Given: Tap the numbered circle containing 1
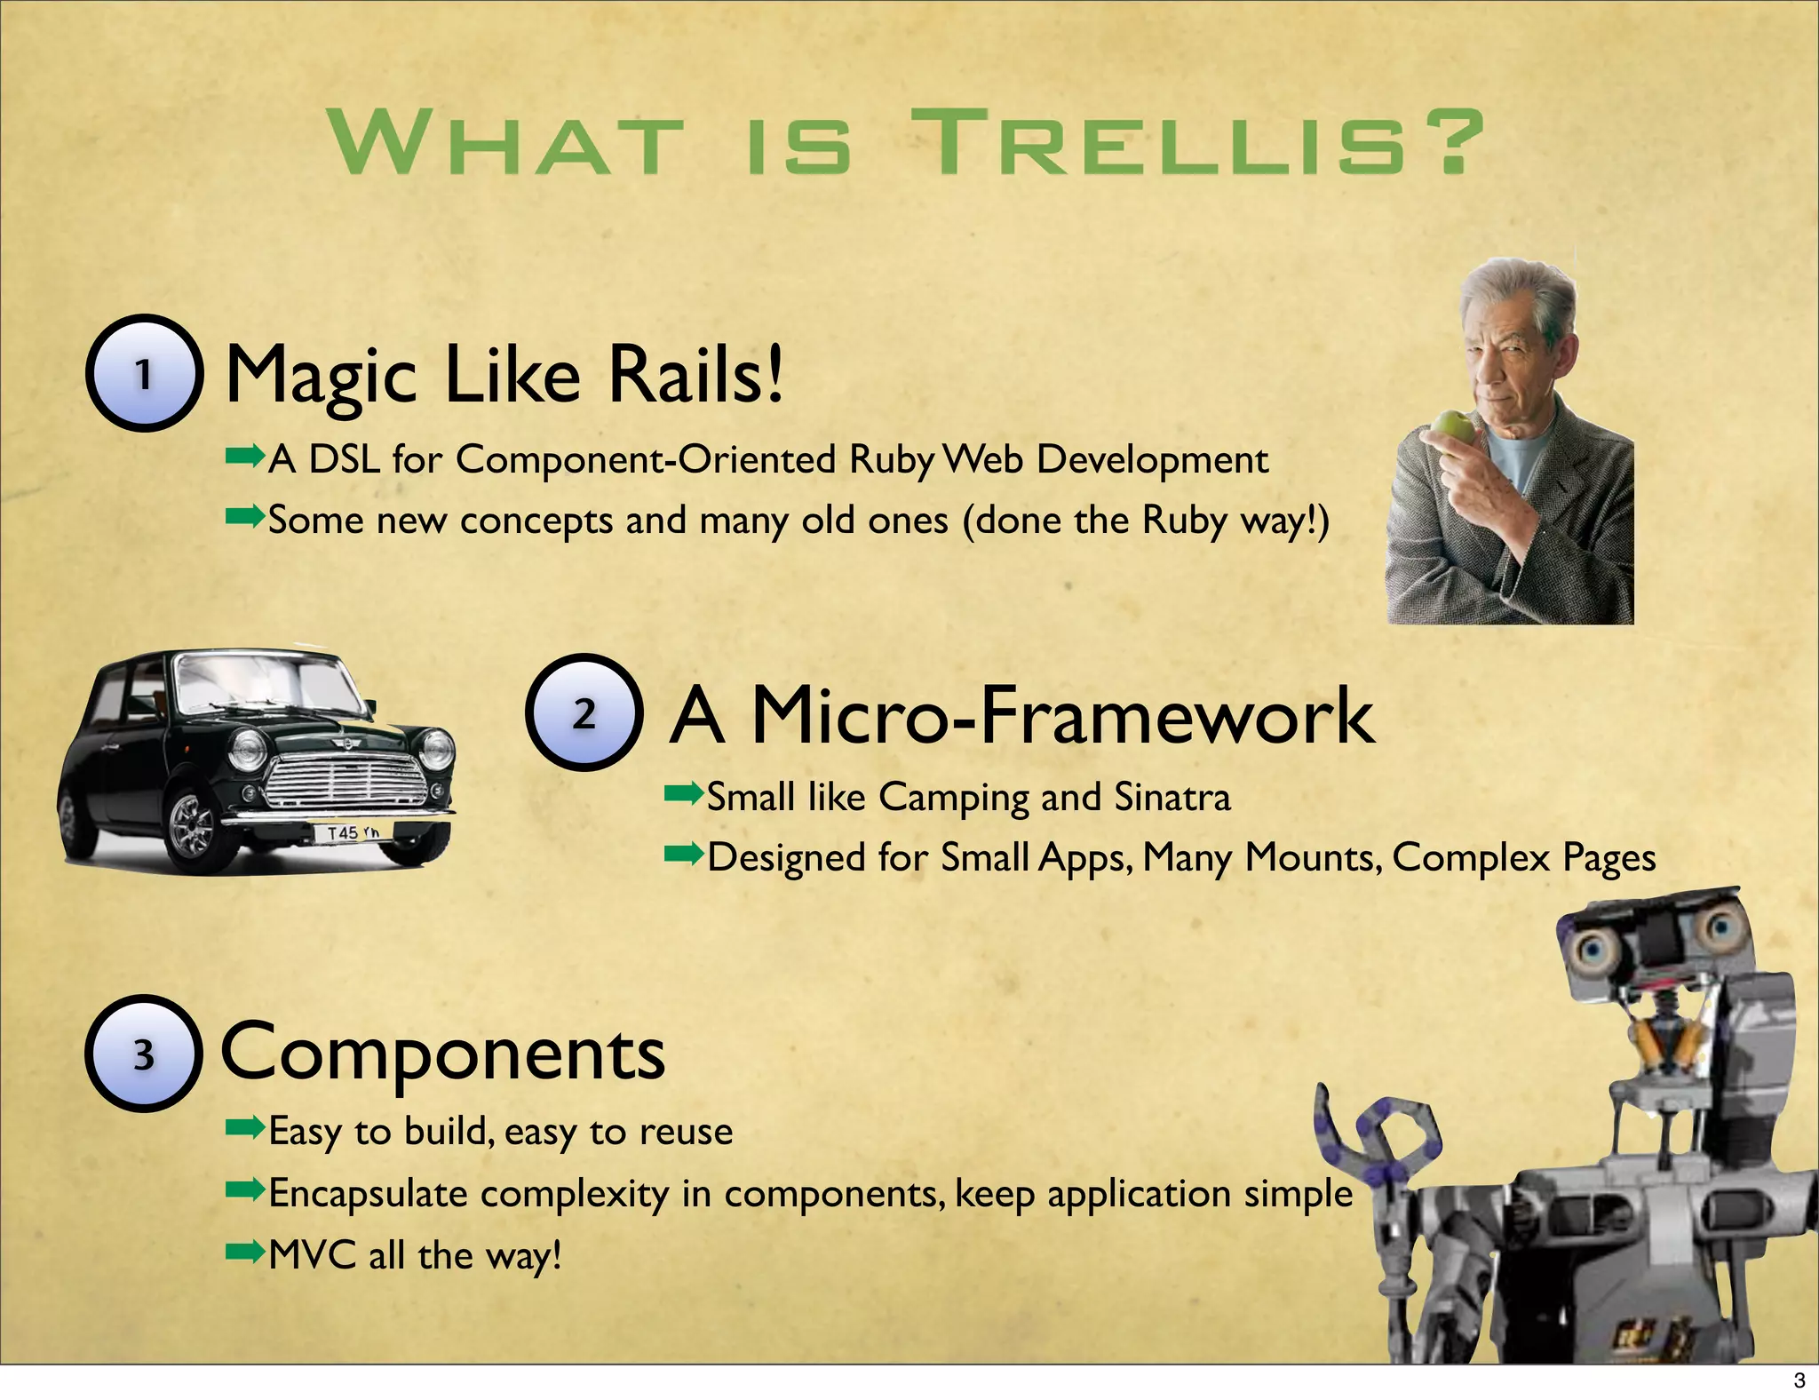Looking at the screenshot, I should coord(144,373).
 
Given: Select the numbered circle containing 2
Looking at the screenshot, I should coord(584,712).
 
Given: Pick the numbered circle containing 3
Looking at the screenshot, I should coord(144,1054).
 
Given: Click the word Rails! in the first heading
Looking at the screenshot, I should coord(696,373).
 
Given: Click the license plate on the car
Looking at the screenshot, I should coord(353,832).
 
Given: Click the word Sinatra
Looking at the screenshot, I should coord(1172,797).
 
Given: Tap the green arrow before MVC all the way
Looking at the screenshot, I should coord(245,1253).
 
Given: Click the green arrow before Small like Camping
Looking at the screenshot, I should coord(684,794).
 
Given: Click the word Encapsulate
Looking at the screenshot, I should coord(368,1193).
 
